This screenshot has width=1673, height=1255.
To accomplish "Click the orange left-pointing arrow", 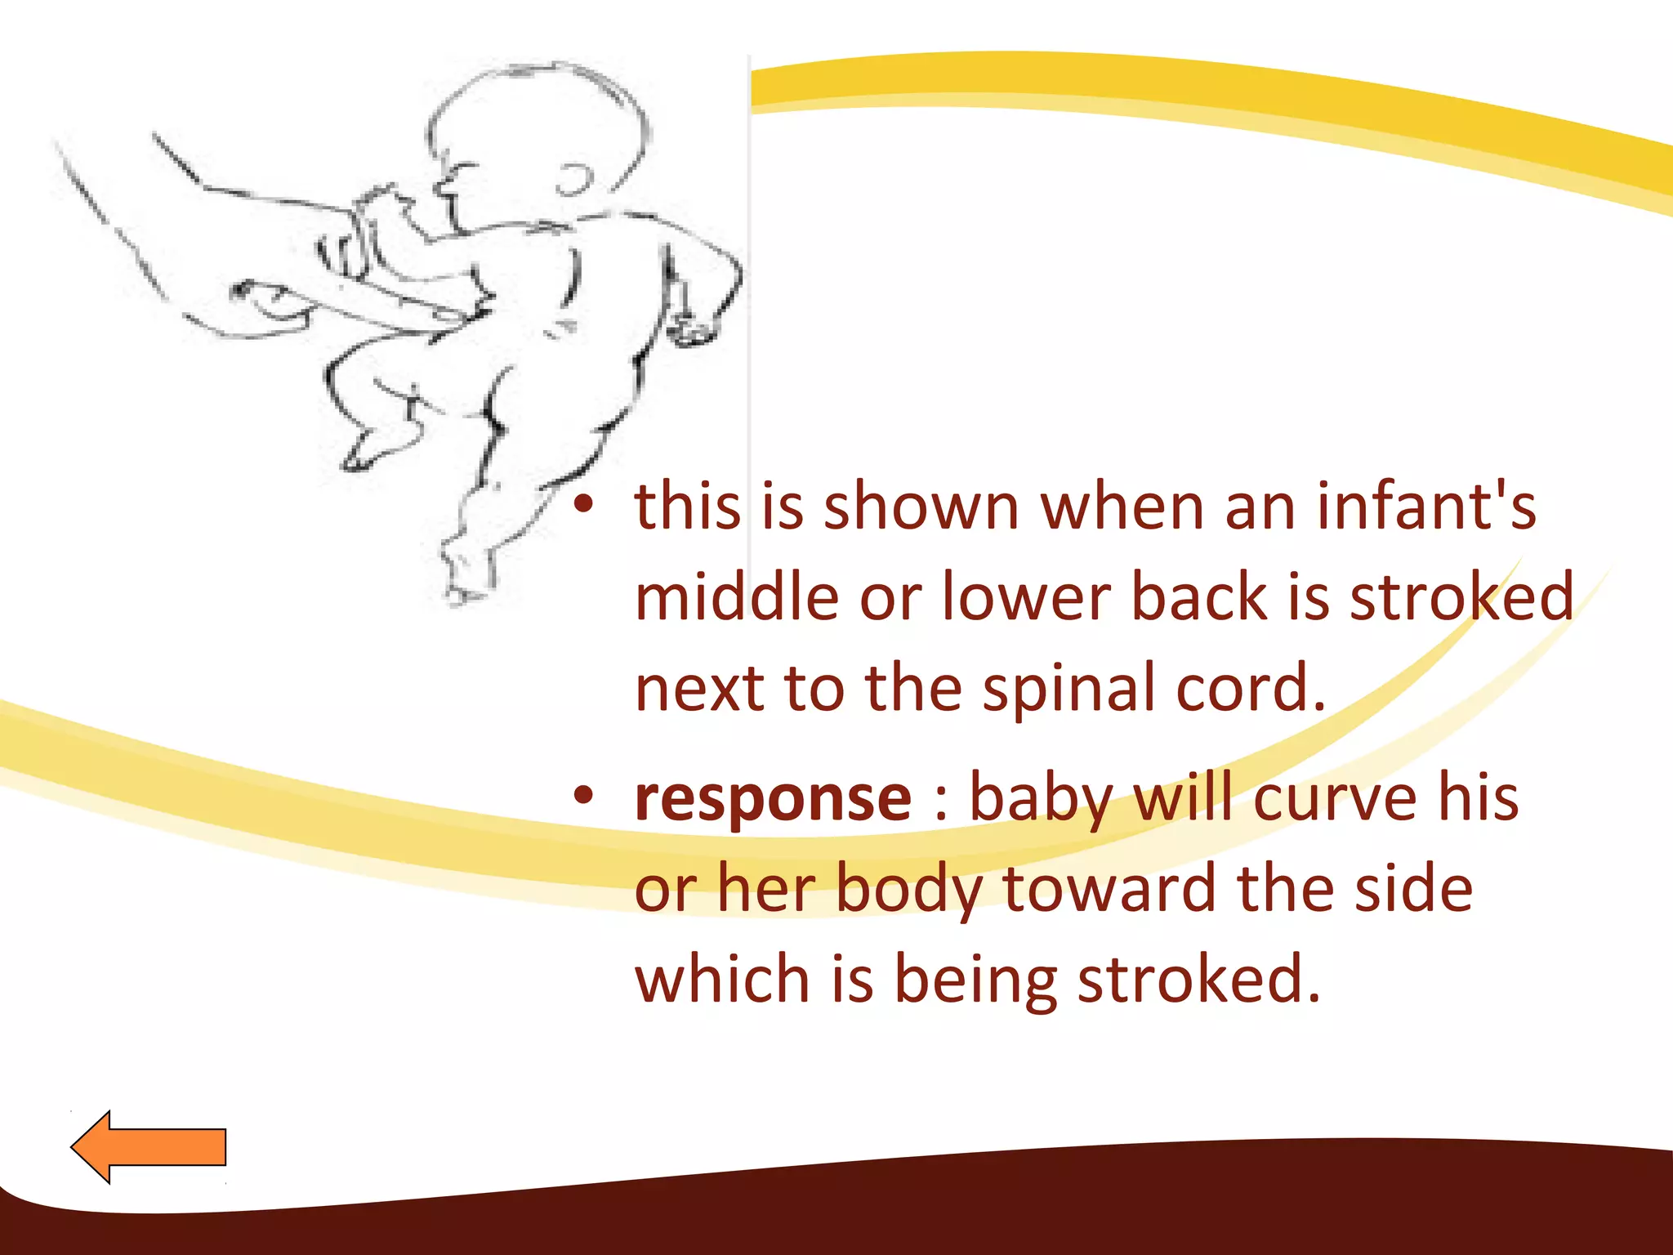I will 149,1146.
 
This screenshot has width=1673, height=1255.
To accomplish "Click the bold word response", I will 773,799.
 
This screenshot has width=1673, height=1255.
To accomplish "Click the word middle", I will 737,597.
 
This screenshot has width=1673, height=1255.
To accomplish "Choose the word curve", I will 1335,799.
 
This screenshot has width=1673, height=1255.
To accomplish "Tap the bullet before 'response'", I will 582,797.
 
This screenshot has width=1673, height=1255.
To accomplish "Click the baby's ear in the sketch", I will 575,180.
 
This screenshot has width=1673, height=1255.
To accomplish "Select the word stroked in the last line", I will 1198,980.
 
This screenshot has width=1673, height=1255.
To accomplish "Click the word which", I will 722,980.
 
